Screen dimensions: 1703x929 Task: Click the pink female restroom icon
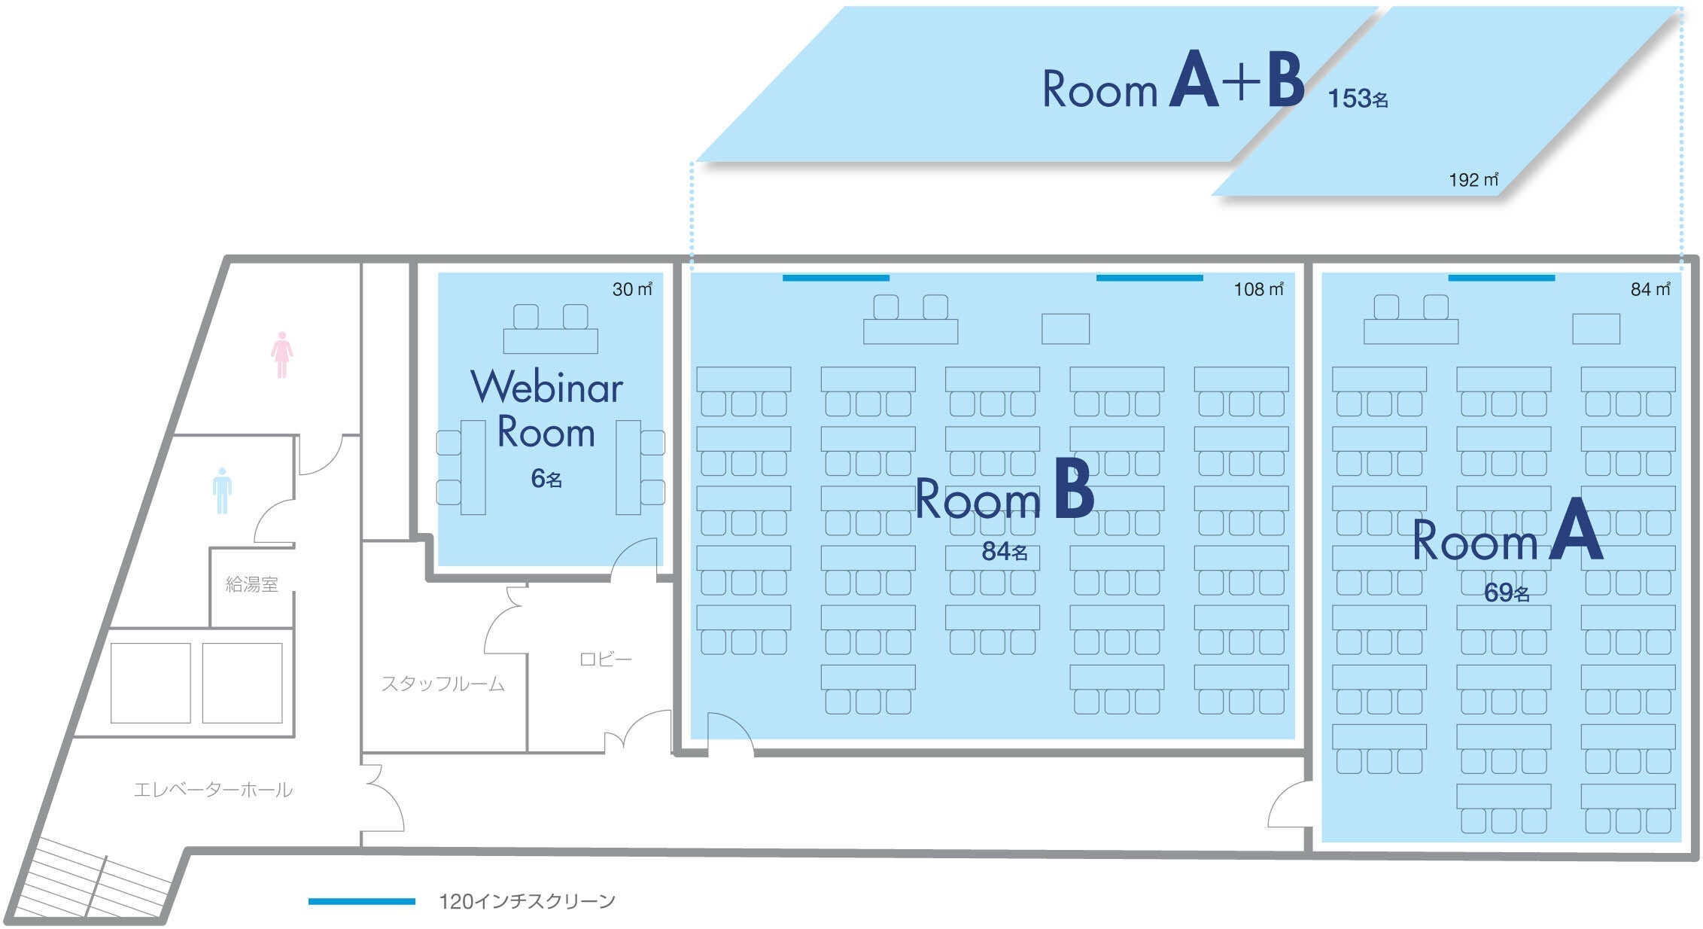tap(281, 355)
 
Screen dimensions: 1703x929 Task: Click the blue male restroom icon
tap(222, 491)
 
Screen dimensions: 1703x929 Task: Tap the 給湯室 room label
tap(252, 584)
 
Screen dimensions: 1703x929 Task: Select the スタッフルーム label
tap(442, 684)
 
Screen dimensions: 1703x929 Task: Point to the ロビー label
tap(606, 659)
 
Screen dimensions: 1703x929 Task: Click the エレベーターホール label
tap(213, 790)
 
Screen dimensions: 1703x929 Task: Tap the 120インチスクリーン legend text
tap(528, 901)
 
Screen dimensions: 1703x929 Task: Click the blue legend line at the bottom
tap(362, 901)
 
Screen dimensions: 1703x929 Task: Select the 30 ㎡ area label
tap(632, 289)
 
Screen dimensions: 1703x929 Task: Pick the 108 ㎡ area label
tap(1258, 289)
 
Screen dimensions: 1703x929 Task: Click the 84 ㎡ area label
tap(1650, 289)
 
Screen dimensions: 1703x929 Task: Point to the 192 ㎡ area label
tap(1473, 180)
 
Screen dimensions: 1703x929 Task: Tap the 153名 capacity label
tap(1358, 99)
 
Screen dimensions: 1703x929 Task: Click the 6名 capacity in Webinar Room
tap(546, 478)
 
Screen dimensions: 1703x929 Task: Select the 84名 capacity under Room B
tap(1005, 551)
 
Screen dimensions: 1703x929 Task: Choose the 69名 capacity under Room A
tap(1507, 592)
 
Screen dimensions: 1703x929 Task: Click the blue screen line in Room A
tap(1501, 278)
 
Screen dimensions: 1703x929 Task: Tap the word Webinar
tap(547, 387)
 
